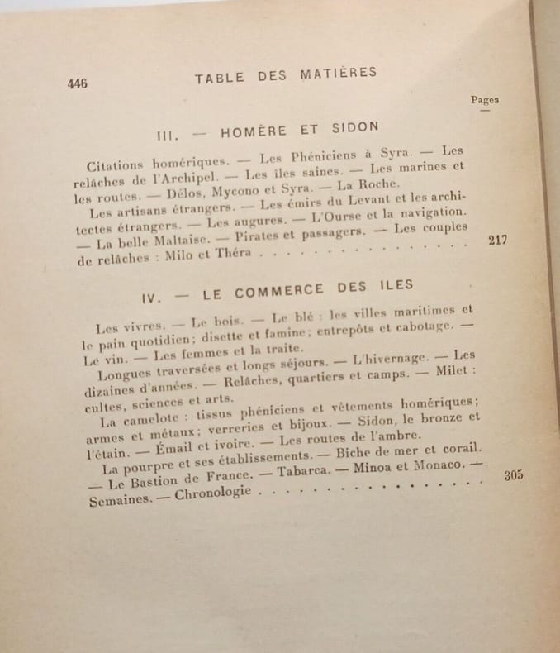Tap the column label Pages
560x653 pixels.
click(x=485, y=100)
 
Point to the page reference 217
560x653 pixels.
click(x=498, y=241)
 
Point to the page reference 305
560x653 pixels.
click(x=513, y=475)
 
